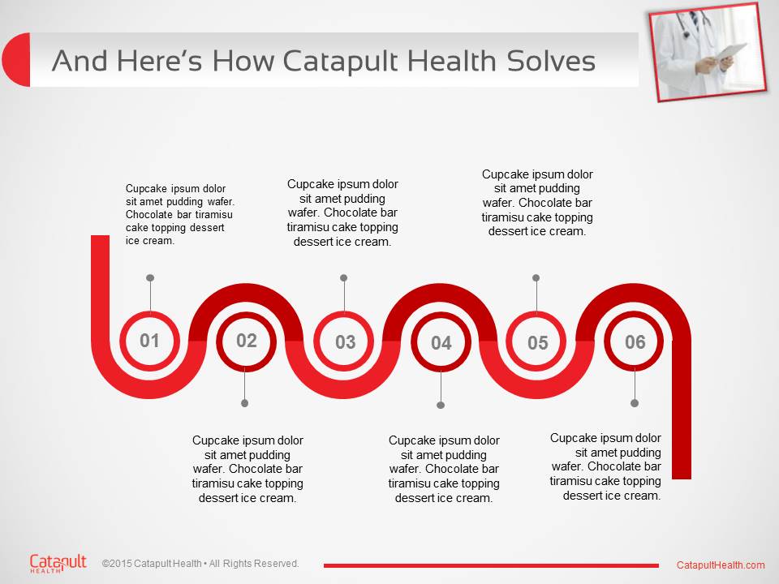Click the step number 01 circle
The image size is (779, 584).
(x=149, y=341)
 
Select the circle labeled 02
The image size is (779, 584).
(x=247, y=341)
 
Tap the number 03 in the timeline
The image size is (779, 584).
(x=345, y=341)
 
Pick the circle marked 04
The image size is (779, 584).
(x=441, y=342)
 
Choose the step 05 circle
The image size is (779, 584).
(x=536, y=342)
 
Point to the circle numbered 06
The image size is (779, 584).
(x=634, y=341)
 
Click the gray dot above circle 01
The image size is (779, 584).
(x=150, y=278)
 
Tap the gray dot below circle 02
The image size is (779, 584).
(x=244, y=403)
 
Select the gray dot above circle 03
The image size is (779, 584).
(x=344, y=278)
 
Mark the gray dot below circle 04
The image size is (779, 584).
(x=441, y=406)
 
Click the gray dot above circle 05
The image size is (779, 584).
(x=536, y=278)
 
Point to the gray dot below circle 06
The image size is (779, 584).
(x=635, y=403)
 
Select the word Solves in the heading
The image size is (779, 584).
(x=551, y=61)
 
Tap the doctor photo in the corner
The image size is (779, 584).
(x=708, y=52)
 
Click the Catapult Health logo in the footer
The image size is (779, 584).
(x=58, y=563)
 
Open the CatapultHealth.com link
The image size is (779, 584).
(x=721, y=565)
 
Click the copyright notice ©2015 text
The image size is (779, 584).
(x=200, y=564)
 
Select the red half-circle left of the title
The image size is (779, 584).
(x=16, y=59)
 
